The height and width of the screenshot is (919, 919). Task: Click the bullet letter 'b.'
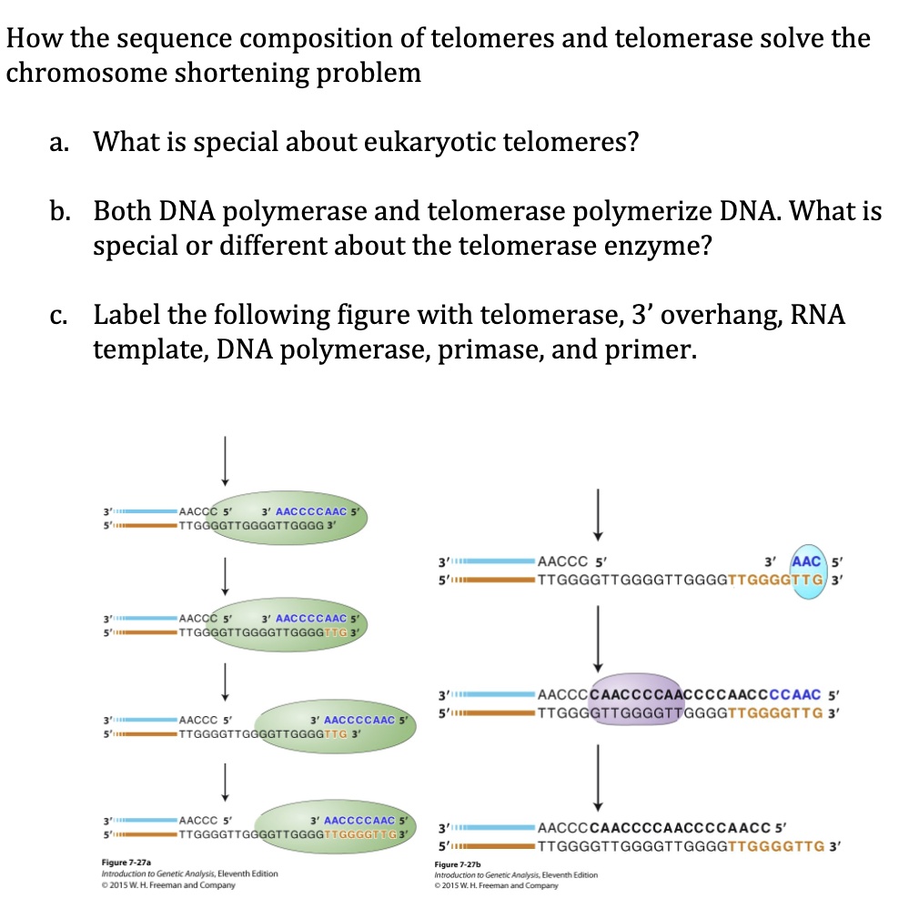click(61, 211)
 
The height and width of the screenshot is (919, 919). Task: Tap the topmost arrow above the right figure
click(598, 513)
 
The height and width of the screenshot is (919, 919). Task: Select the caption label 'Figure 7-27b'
click(464, 863)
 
